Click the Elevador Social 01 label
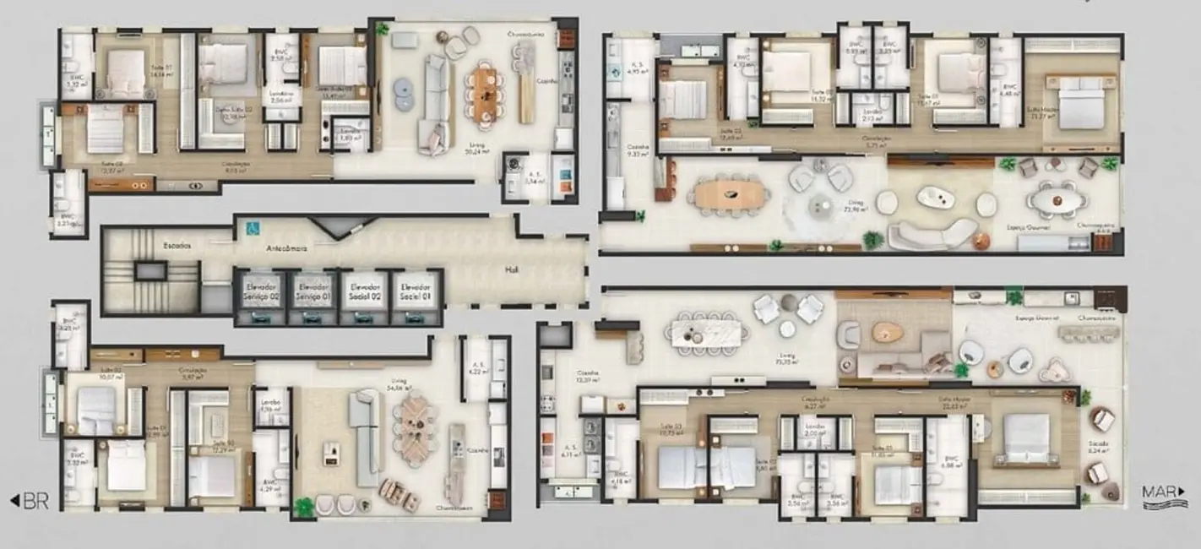(416, 291)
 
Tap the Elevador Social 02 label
(364, 291)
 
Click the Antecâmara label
(285, 249)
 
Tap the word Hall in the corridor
(512, 270)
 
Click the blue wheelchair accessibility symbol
(250, 227)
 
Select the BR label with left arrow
(29, 501)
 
